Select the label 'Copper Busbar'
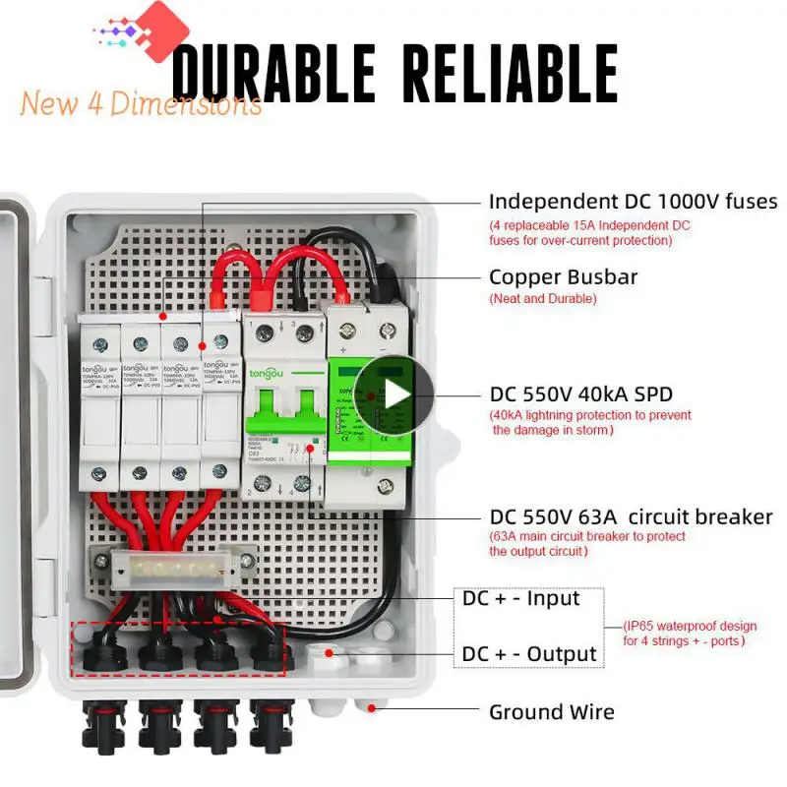pyautogui.click(x=563, y=276)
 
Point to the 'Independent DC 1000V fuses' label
pyautogui.click(x=633, y=202)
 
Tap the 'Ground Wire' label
pyautogui.click(x=551, y=712)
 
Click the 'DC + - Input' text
pyautogui.click(x=520, y=598)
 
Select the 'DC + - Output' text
pyautogui.click(x=529, y=654)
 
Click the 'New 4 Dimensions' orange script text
pyautogui.click(x=140, y=103)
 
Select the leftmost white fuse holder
pyautogui.click(x=99, y=398)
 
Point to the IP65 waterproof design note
pyautogui.click(x=689, y=634)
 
